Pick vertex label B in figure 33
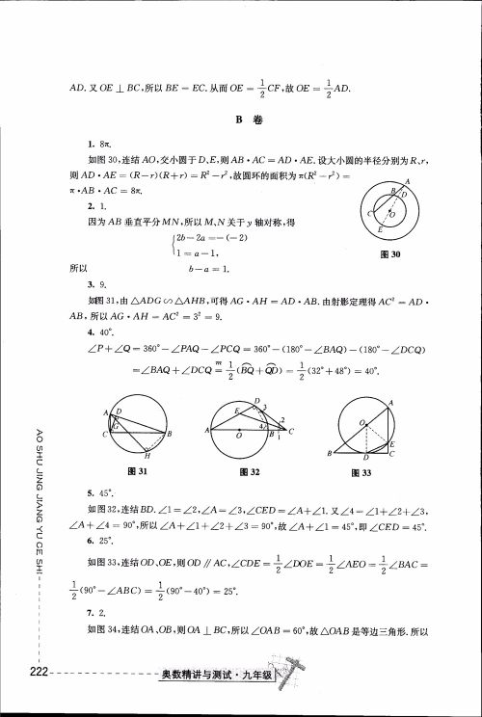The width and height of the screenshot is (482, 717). tap(331, 453)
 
